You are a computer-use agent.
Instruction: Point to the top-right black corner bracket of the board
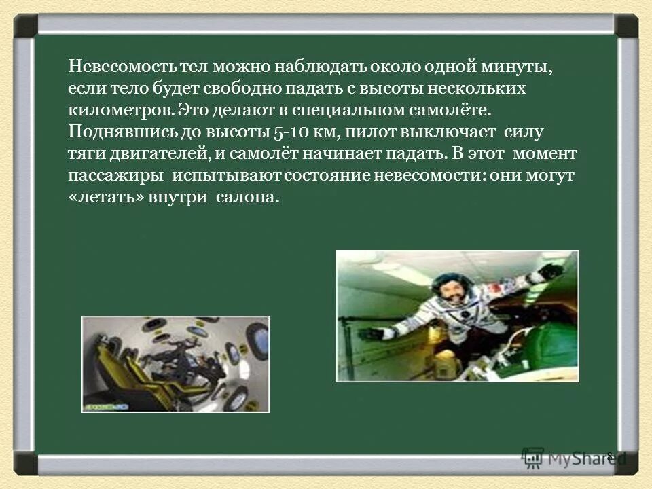pyautogui.click(x=627, y=26)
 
